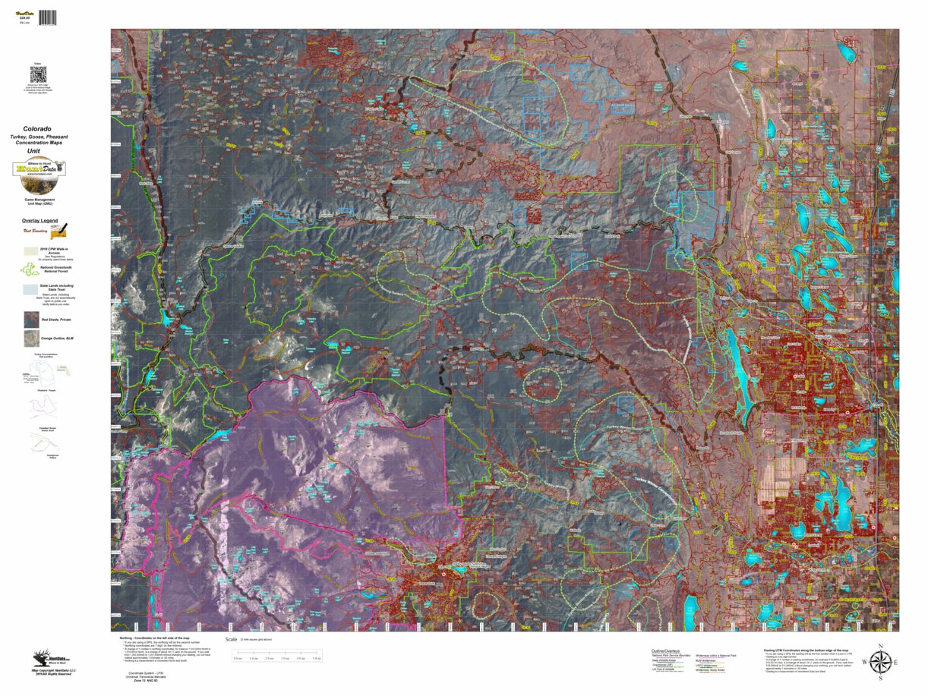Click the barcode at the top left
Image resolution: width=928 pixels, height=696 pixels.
(x=48, y=17)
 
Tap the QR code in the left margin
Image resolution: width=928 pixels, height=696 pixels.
(x=38, y=75)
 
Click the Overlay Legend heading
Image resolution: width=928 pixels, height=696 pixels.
(x=39, y=220)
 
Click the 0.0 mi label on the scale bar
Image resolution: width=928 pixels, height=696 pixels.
(x=237, y=658)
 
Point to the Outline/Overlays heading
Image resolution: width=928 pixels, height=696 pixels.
(x=666, y=650)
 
